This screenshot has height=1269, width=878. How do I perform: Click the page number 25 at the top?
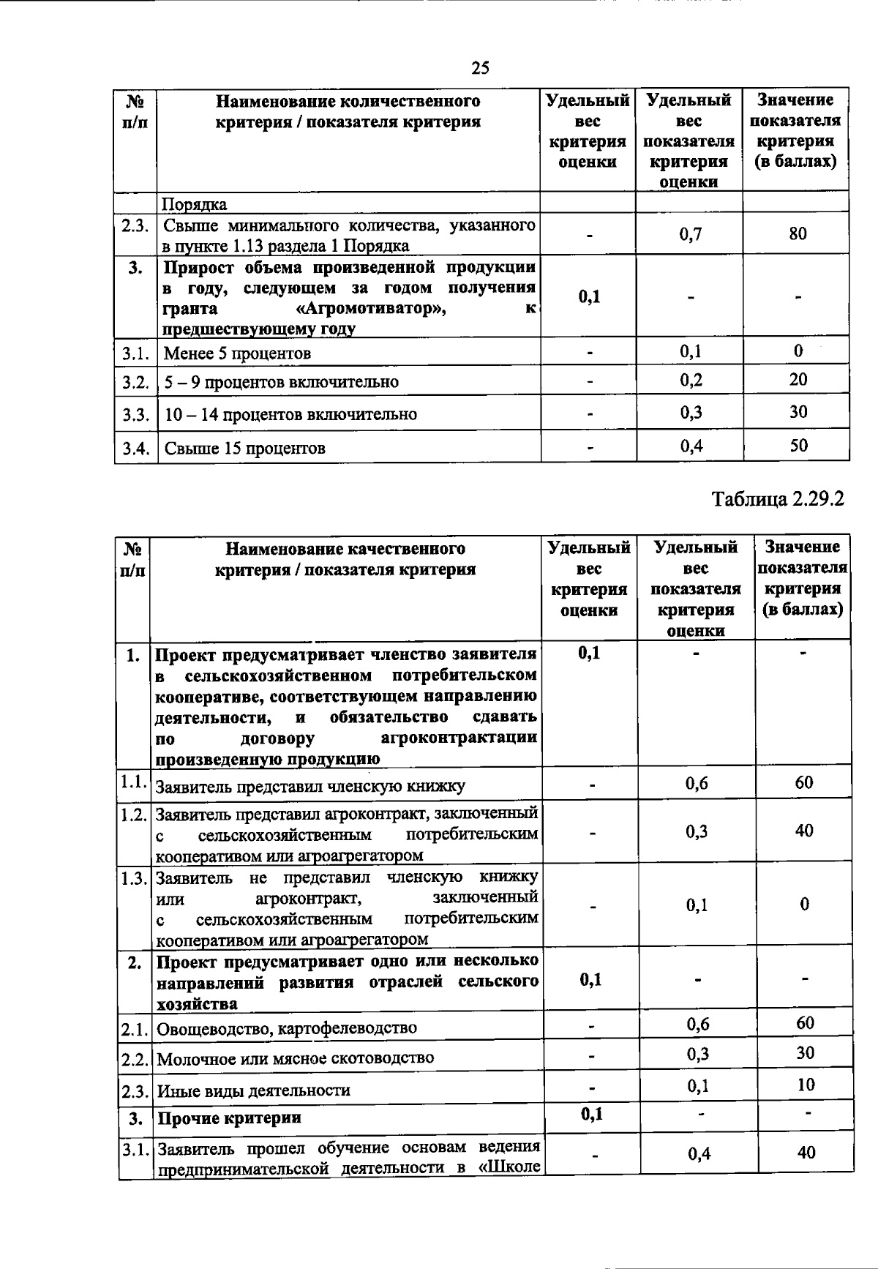coord(480,69)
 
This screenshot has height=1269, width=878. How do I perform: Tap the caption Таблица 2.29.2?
coord(778,499)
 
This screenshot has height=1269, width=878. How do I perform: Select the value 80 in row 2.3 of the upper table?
coord(798,233)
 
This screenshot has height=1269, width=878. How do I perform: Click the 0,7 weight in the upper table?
coord(690,234)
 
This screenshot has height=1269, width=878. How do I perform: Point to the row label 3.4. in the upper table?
coord(136,448)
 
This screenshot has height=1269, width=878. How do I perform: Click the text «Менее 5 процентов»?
coord(237,354)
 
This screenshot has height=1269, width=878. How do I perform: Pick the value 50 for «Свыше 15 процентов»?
coord(798,445)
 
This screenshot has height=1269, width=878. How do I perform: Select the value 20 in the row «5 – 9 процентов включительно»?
coord(798,379)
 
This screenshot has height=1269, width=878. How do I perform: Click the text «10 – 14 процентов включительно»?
coord(290,415)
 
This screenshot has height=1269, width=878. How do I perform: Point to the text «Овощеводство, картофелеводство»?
coord(287,1028)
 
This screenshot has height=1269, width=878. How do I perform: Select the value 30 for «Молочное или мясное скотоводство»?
coord(805,1053)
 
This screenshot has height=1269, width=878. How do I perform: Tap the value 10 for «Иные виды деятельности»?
coord(806,1085)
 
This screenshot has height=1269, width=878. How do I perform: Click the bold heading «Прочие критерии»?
coord(230,1118)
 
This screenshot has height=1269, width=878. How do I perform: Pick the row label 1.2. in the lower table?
coord(135,814)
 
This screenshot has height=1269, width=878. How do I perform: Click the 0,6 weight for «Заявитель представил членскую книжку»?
coord(697,784)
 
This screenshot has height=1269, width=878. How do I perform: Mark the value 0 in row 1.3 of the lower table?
coord(804,905)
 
